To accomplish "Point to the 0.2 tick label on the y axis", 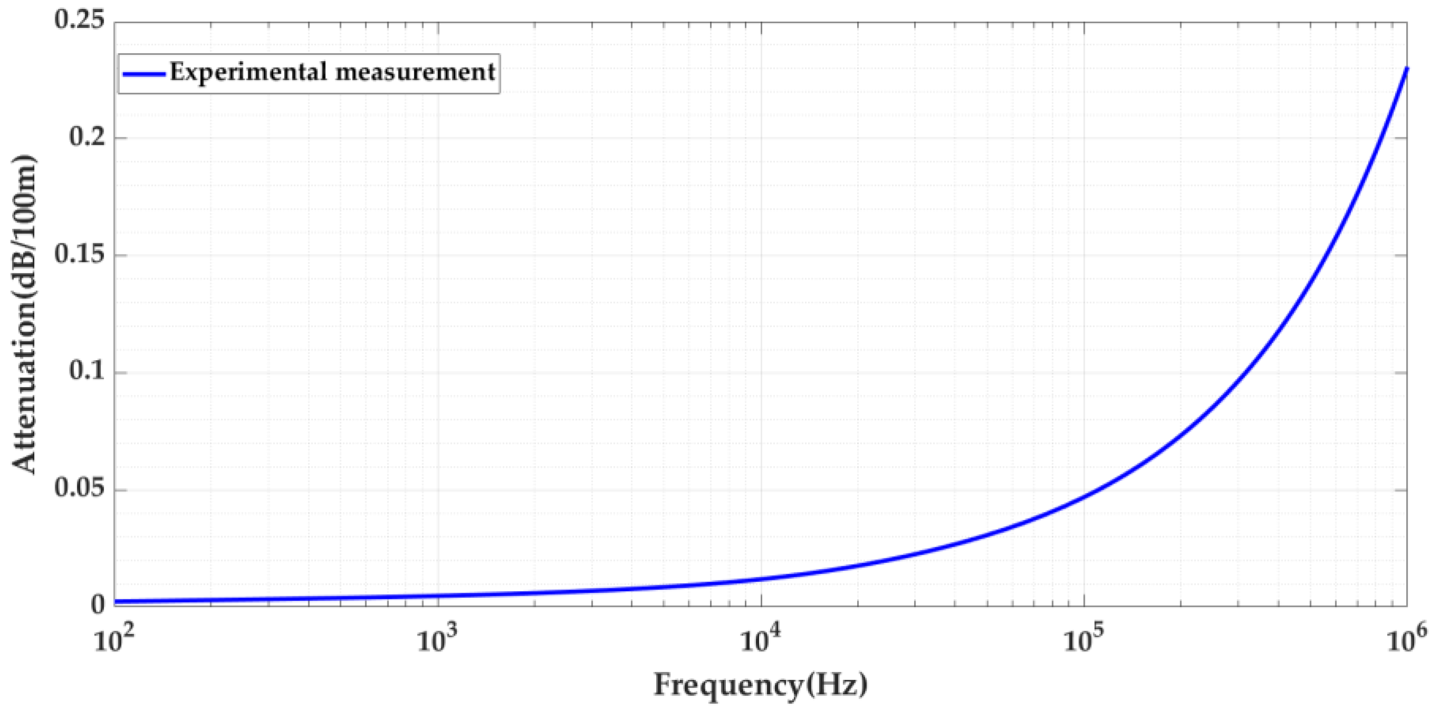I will [x=87, y=136].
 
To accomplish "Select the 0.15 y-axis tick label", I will [x=79, y=254].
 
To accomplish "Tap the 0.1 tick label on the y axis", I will [x=87, y=371].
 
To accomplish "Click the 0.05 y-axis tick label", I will [x=79, y=489].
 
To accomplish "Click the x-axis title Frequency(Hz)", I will [x=761, y=685].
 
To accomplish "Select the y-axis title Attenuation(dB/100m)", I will [x=25, y=315].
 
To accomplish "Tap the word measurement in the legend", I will [x=413, y=73].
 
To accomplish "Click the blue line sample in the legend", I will [x=144, y=74].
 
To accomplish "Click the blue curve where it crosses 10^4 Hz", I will [x=761, y=579].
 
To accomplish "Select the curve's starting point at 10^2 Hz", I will [x=115, y=601].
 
